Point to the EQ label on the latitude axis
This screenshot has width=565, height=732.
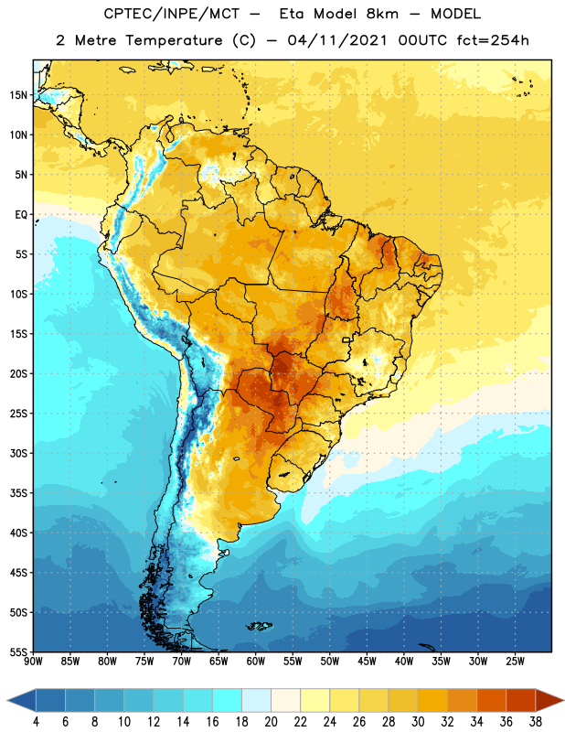(21, 215)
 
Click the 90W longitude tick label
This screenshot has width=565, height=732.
(33, 662)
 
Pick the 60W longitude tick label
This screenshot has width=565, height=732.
(256, 662)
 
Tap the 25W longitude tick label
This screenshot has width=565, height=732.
(515, 662)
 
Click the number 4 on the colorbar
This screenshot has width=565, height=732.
(36, 722)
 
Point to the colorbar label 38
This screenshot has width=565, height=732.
(536, 722)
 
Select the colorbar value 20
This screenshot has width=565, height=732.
(271, 722)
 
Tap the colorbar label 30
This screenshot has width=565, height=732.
(418, 722)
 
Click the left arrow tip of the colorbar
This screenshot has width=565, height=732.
(7, 701)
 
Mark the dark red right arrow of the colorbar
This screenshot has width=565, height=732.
(550, 701)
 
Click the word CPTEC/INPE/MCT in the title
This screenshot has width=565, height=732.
(172, 14)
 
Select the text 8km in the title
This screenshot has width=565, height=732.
(382, 14)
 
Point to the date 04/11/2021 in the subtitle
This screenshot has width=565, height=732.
(337, 40)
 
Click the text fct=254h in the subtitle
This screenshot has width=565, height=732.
(493, 40)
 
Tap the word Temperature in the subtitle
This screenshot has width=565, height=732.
(174, 40)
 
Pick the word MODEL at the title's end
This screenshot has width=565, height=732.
(455, 14)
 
